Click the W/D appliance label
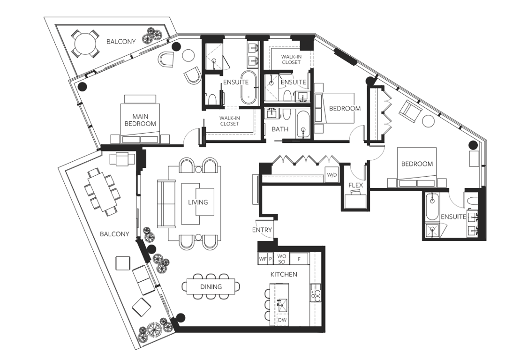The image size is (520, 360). tap(332, 175)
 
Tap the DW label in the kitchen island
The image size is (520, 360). tap(282, 320)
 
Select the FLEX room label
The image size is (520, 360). tap(356, 185)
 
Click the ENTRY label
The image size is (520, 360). tap(262, 230)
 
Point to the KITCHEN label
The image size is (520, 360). tap(284, 274)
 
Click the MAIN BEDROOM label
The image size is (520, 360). tap(143, 120)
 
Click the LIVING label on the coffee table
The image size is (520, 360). tap(198, 202)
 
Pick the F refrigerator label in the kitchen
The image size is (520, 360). tap(299, 258)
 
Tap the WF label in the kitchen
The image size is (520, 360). tap(263, 258)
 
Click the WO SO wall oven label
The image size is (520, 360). tap(281, 259)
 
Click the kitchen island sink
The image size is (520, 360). tap(282, 305)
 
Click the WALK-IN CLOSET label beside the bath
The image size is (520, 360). tap(229, 121)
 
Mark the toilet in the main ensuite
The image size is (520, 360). tap(211, 98)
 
